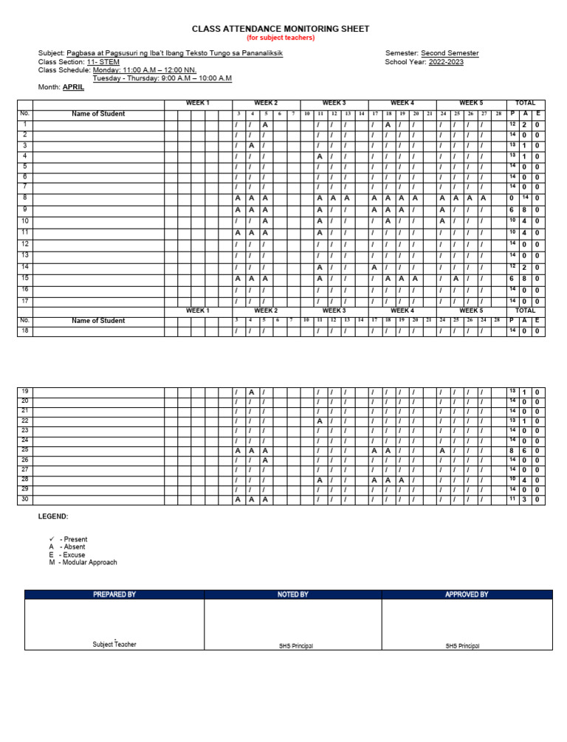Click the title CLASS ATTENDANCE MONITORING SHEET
(281, 29)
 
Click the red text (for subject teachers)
(281, 38)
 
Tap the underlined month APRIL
(73, 87)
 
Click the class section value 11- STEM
(103, 62)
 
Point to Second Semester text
(450, 53)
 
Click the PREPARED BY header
(114, 594)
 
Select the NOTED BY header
(292, 594)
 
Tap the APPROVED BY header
(467, 594)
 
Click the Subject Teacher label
(114, 645)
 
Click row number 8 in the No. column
(24, 198)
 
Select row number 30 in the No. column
(24, 499)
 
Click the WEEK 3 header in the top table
(334, 103)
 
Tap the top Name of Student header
(98, 114)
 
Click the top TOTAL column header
(525, 103)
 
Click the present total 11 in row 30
(512, 499)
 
